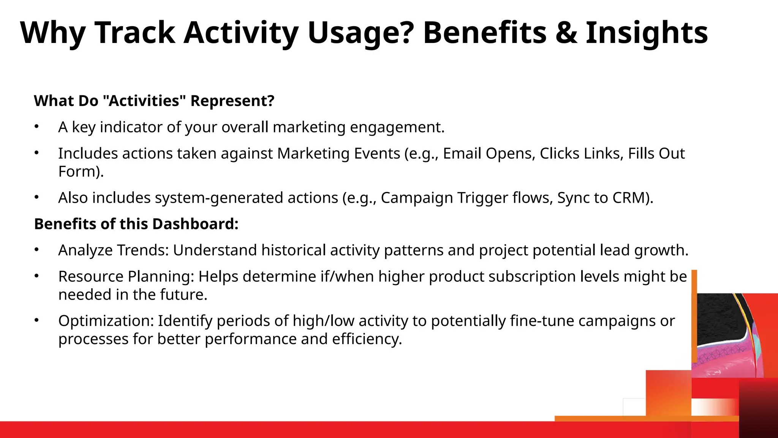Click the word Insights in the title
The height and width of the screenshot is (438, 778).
click(x=647, y=33)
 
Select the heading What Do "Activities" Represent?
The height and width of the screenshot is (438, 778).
click(x=154, y=101)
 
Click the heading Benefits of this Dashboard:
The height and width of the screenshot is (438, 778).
click(x=136, y=224)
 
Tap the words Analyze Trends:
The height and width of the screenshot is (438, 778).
click(x=113, y=250)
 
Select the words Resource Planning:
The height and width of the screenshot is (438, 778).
click(x=126, y=276)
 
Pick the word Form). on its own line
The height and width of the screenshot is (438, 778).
click(x=81, y=171)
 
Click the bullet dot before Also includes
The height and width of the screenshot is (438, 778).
click(x=36, y=197)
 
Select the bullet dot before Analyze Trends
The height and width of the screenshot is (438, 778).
click(x=36, y=249)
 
